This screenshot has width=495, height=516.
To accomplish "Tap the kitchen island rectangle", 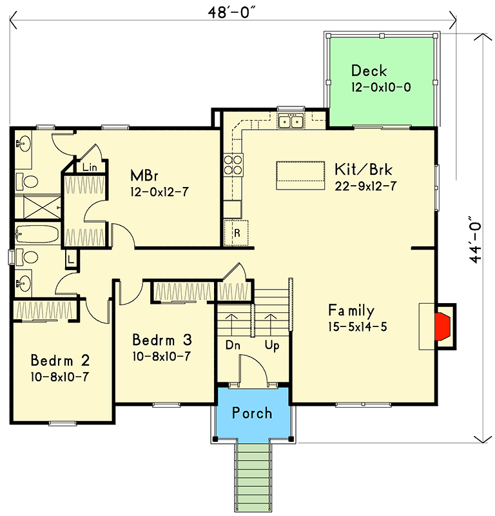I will pos(300,175).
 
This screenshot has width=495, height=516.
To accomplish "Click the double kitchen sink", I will pos(291,121).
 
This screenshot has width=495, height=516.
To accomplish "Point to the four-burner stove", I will pos(232,165).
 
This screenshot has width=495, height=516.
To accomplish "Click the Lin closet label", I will pos(90,167).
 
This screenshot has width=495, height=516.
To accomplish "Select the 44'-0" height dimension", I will pos(476,239).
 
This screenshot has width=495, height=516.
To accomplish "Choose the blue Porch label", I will pos(252,413).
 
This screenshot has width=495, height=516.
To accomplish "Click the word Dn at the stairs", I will pos(233,345).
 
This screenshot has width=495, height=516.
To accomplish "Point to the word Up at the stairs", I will pos(271,345).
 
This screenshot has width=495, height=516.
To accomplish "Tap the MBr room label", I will pos(144,175).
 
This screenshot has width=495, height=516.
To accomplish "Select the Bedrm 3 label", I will pos(162,339).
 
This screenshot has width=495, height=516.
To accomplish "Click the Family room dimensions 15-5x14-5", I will pos(356,326).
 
